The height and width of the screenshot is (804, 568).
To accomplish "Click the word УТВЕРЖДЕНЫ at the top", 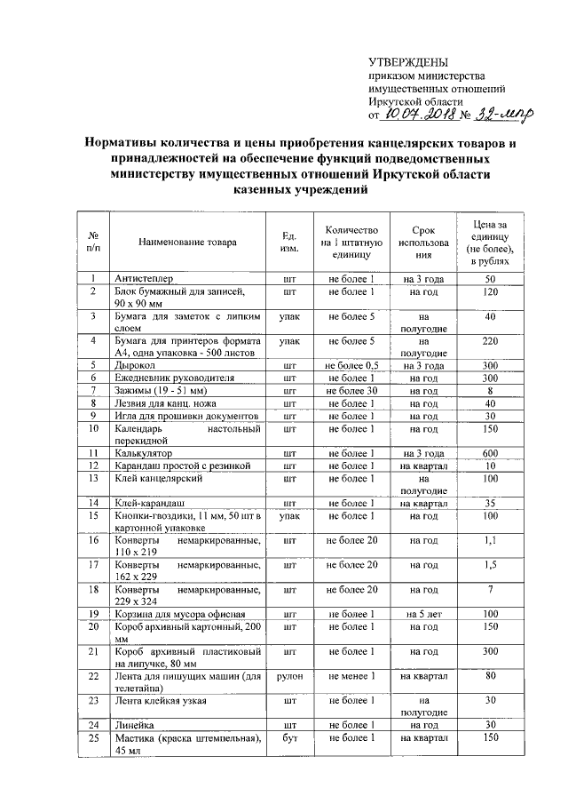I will pyautogui.click(x=408, y=62).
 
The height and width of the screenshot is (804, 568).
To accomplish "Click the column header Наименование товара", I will pyautogui.click(x=187, y=241).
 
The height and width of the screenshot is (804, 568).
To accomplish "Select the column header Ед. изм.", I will pyautogui.click(x=288, y=241).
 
